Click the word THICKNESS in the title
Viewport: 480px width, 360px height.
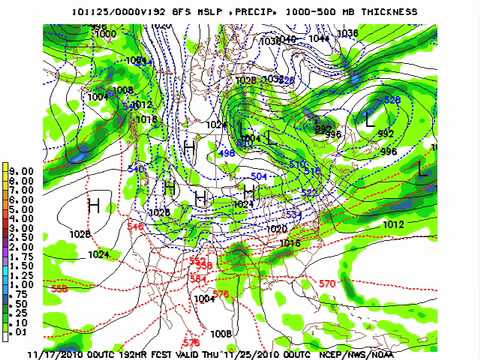(362, 10)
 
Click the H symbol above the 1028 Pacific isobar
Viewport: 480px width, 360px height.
(93, 205)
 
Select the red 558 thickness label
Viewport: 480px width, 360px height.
(60, 288)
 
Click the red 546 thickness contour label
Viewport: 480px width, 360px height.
(134, 227)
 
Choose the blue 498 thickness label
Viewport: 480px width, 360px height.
(226, 153)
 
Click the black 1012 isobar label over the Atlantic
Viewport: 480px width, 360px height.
(394, 225)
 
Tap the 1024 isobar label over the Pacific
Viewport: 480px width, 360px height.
(98, 255)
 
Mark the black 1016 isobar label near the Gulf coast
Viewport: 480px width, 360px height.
(290, 243)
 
